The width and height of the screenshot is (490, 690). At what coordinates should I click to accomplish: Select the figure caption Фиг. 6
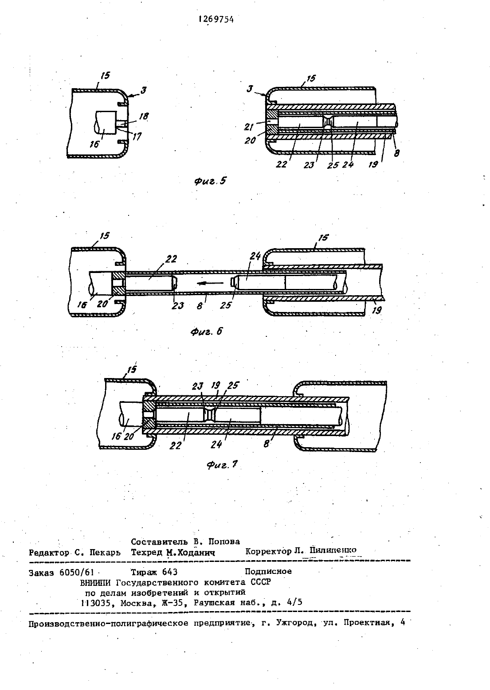[x=207, y=331]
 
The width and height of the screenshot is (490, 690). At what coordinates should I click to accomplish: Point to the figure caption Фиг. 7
[x=222, y=464]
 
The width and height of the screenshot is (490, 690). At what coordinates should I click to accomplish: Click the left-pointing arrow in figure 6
[x=210, y=283]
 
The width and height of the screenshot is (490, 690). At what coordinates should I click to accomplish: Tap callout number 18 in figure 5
[x=143, y=116]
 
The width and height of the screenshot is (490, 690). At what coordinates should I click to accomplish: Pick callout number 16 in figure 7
[x=116, y=437]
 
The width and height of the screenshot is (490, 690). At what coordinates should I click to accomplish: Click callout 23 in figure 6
[x=178, y=305]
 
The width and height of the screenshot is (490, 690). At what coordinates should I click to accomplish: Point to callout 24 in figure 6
[x=255, y=256]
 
